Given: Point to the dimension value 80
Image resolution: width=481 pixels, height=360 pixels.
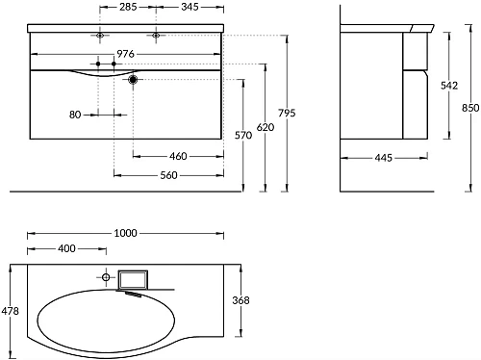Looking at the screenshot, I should (75, 114).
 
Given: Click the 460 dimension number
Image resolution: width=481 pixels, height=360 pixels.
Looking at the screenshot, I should (177, 156).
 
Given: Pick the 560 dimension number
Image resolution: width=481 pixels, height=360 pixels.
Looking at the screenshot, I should (169, 176).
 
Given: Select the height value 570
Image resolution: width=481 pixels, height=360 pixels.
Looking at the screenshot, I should (243, 136).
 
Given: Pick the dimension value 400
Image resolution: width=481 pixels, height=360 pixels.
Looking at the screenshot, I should (66, 249).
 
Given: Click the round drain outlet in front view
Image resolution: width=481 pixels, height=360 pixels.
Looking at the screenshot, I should (134, 80).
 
